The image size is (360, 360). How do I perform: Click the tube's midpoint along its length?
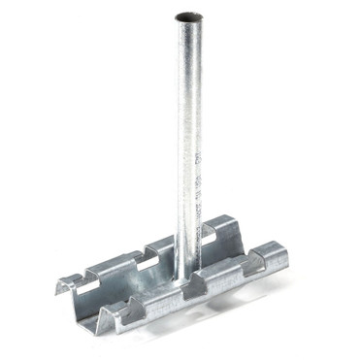coord(188,146)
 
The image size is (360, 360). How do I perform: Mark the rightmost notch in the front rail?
coord(253,264)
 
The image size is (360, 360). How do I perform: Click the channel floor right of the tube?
coord(233,254)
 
